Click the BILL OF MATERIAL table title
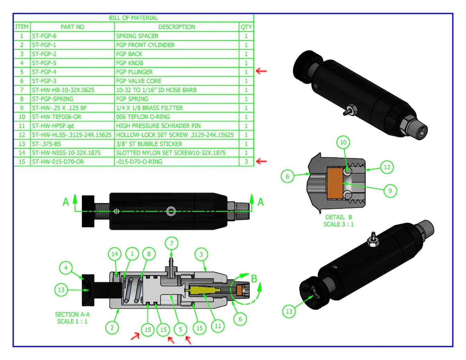click(x=133, y=18)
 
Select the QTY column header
click(x=246, y=27)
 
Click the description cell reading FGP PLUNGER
click(x=134, y=72)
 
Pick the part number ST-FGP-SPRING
click(x=53, y=99)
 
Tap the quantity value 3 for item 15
click(x=246, y=162)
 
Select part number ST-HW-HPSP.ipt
click(x=53, y=126)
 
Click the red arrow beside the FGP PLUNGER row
click(x=261, y=71)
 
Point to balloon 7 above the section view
click(x=171, y=243)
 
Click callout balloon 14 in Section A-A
click(x=115, y=254)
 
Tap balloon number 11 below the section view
click(x=218, y=326)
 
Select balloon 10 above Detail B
click(x=343, y=142)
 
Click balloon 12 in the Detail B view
click(x=387, y=167)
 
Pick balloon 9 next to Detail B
click(x=390, y=191)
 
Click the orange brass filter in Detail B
click(x=334, y=183)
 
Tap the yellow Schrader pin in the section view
click(x=201, y=289)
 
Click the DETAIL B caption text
click(x=339, y=217)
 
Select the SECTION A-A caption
click(x=72, y=315)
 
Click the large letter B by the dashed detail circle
click(x=254, y=279)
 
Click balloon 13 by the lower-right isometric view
click(x=289, y=312)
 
